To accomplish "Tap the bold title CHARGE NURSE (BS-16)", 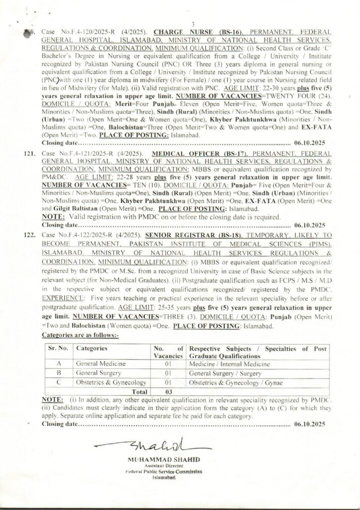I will pyautogui.click(x=186, y=31).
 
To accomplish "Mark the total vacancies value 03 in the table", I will pyautogui.click(x=168, y=391).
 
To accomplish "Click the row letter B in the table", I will pyautogui.click(x=59, y=373).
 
